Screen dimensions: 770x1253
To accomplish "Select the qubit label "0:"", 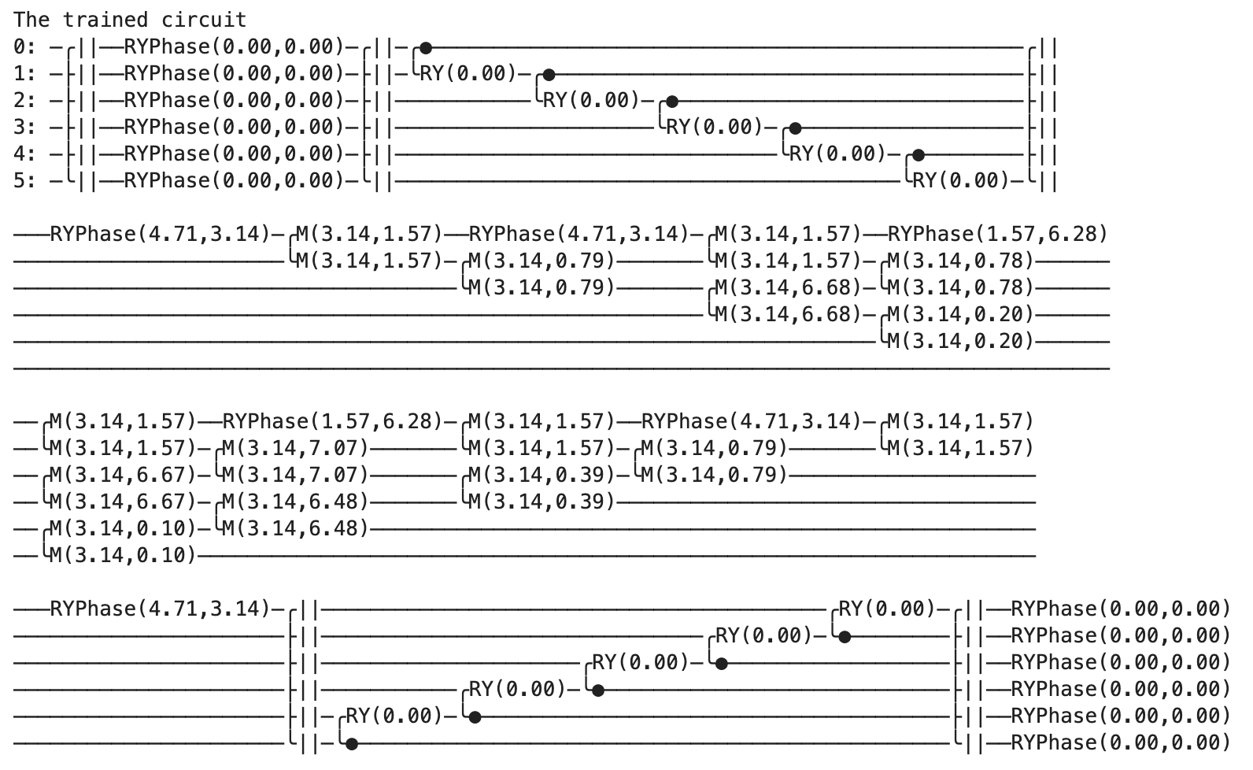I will coord(25,46).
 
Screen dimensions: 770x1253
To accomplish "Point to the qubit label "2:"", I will coord(25,100).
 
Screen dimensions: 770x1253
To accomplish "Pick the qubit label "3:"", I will coord(25,127).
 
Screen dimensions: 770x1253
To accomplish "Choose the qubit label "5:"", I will coord(25,180).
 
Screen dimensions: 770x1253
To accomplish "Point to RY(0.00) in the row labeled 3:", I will coord(713,128).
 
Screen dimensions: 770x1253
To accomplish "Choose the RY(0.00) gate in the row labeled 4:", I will coord(837,154).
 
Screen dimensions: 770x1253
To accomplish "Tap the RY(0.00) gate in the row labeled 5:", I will coord(959,181).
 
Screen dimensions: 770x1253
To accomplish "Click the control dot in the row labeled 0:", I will coord(426,48).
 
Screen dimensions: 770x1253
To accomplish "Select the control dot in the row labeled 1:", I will coord(549,75).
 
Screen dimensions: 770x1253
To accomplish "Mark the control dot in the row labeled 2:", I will coord(672,102).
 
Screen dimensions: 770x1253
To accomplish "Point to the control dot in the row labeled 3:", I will coord(795,128).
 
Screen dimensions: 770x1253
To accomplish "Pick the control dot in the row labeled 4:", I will coord(918,155).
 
